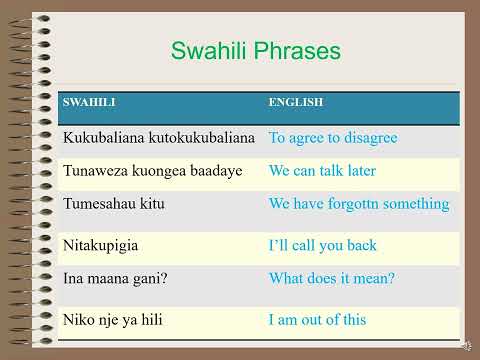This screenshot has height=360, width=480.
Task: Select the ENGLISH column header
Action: pos(296,103)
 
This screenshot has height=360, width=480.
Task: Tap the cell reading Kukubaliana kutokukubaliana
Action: pos(159,137)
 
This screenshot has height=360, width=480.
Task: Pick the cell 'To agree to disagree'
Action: pos(333,137)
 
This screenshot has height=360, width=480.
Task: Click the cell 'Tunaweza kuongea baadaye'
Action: pos(152,171)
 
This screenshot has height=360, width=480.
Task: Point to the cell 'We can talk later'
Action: pos(322,171)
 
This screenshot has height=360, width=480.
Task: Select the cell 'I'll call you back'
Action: pos(322,245)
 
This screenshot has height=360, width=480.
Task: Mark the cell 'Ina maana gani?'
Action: pos(114,279)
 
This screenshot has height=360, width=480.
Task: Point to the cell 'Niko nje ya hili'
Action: pos(112,320)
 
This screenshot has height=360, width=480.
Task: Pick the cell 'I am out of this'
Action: pos(317,320)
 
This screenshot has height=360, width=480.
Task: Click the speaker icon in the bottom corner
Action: pos(465,345)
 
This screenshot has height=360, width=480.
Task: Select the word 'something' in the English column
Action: pos(418,204)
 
